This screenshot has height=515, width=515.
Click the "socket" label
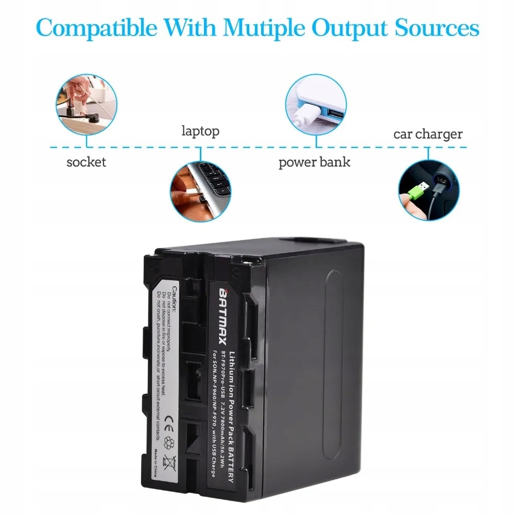pyautogui.click(x=86, y=162)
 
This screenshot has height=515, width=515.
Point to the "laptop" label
pyautogui.click(x=200, y=131)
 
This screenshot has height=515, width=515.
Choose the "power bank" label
pyautogui.click(x=314, y=162)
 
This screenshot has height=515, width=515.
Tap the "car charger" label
pyautogui.click(x=428, y=134)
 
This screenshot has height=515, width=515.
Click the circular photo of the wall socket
pyautogui.click(x=86, y=105)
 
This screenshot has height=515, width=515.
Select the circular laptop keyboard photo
pyautogui.click(x=201, y=192)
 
